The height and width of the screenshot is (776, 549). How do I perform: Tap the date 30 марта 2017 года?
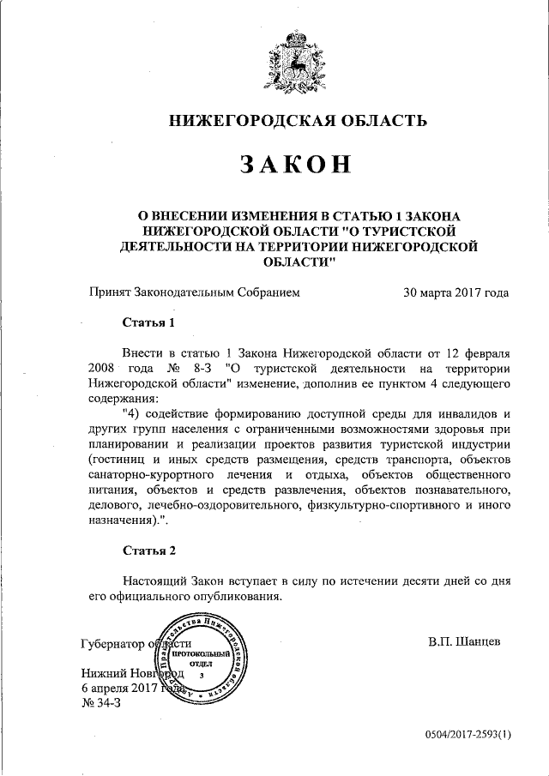tap(455, 292)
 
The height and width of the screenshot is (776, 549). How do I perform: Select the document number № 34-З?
tap(106, 702)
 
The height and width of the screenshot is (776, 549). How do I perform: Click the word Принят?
tap(110, 292)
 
